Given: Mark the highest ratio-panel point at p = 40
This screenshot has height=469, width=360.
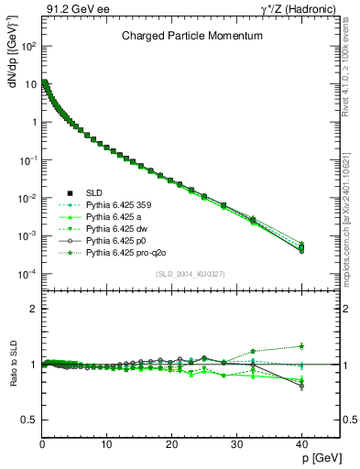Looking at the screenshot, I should pos(301,345).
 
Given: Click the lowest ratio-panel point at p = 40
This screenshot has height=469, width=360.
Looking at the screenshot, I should pos(301,386).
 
